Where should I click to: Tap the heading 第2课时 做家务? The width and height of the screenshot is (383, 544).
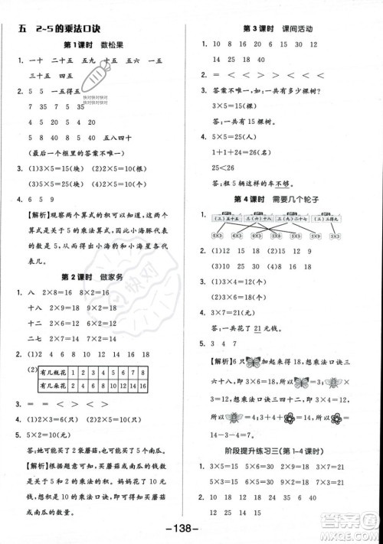tap(93, 275)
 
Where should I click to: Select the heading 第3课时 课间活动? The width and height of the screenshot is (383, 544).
tap(285, 28)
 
